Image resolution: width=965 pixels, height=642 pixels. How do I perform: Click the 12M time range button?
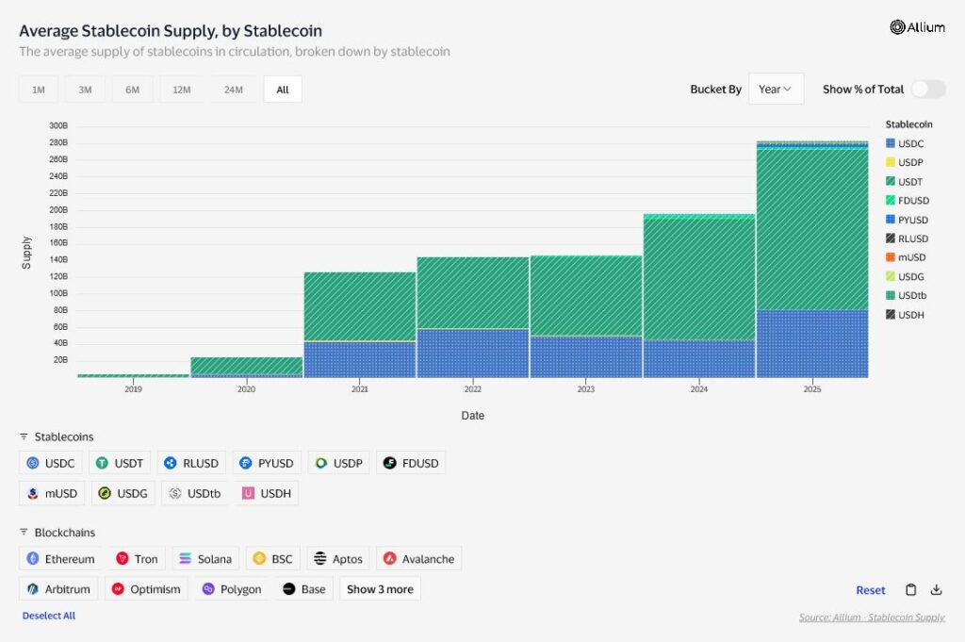182,90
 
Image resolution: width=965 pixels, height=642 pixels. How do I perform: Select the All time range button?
283,90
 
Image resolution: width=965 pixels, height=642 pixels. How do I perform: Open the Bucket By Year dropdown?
776,89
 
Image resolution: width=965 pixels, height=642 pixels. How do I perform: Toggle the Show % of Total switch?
927,89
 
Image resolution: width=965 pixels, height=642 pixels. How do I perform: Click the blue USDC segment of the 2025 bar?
812,343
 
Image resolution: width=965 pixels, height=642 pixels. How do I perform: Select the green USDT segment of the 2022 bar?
473,292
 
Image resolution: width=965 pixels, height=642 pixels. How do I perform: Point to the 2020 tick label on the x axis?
246,388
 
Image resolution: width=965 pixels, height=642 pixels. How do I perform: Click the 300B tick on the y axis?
57,125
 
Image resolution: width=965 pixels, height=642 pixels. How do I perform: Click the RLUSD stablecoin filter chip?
191,463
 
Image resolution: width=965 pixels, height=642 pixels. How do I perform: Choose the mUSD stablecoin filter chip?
52,493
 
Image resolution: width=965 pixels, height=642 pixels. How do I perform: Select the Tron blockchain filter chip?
137,559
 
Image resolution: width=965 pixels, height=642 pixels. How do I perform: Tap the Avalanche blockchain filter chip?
418,559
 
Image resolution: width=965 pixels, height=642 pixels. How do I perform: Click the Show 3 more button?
380,589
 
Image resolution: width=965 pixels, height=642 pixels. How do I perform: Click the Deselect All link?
49,616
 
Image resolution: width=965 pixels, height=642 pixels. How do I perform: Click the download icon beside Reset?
936,590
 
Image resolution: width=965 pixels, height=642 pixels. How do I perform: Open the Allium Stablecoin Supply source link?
872,617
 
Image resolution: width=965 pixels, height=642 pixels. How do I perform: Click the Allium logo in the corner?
917,27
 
